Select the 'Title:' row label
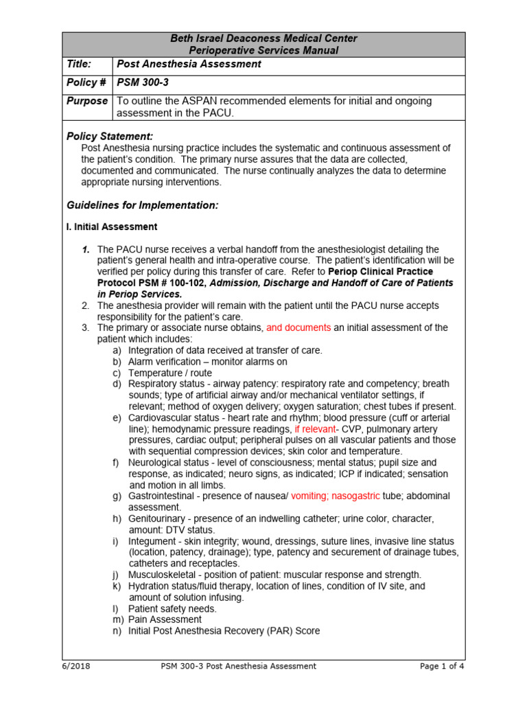pos(79,64)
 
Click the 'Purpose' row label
pos(86,101)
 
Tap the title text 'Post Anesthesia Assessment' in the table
pos(189,64)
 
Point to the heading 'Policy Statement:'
pos(110,136)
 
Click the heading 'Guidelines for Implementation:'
pos(143,205)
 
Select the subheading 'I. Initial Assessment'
pos(112,227)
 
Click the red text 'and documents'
pos(298,327)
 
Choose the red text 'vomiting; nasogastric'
pos(340,496)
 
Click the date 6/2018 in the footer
pos(76,666)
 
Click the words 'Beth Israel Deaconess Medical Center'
pos(263,38)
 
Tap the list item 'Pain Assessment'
pos(165,619)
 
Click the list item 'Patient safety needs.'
pos(172,608)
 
